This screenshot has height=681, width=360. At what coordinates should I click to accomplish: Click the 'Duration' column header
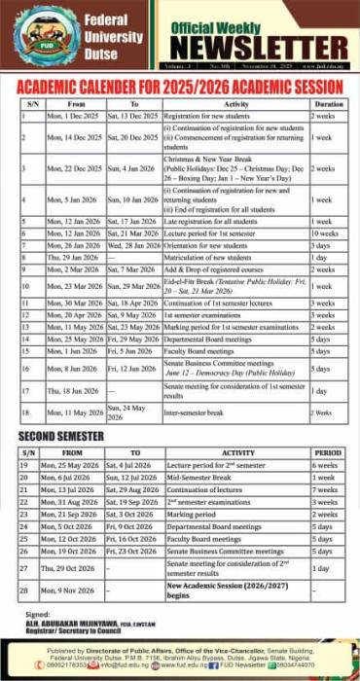tap(328, 102)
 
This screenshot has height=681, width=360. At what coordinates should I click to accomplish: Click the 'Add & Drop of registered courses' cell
tap(215, 269)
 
